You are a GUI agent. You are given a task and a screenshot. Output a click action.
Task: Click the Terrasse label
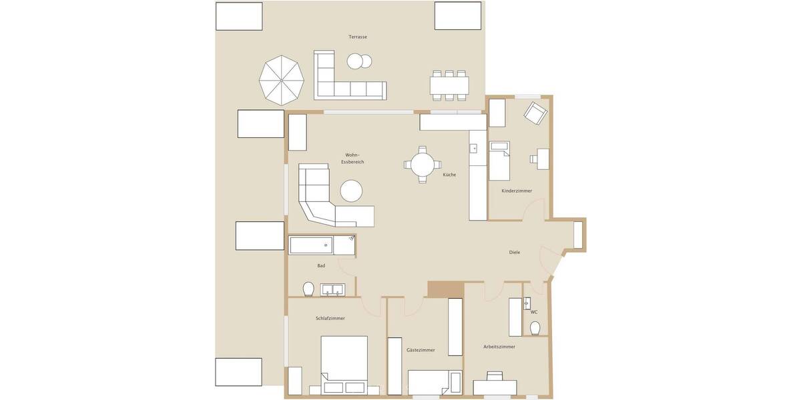pos(358,37)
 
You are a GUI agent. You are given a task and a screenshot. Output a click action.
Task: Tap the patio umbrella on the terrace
pos(282,80)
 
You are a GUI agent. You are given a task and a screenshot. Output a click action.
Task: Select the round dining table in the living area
pos(423,164)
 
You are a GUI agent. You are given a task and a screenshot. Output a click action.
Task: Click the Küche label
pos(449,175)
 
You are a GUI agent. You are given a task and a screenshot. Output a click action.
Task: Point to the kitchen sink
pos(475,148)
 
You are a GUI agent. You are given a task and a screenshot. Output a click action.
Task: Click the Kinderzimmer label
pos(517,191)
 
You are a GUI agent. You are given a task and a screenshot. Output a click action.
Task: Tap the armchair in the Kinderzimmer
pos(535,113)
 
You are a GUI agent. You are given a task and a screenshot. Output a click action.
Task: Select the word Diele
pos(514,253)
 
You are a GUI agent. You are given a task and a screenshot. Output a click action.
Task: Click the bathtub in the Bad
pos(311,245)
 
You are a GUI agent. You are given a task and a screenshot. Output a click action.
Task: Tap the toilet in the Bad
pos(308,289)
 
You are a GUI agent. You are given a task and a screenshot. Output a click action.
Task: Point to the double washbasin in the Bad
pos(332,289)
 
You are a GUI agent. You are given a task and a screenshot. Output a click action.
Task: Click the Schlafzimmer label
pos(330,319)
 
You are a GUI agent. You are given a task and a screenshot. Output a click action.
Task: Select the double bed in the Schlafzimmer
pos(344,364)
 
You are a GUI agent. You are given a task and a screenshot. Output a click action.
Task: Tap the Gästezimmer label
pos(421,350)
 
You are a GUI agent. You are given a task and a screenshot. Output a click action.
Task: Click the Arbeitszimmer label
pos(499,347)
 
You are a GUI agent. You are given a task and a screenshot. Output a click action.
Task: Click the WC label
pos(534,312)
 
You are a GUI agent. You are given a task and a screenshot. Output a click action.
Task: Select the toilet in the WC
pos(535,328)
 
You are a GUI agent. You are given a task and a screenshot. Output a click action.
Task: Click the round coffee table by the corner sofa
pos(351,191)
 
